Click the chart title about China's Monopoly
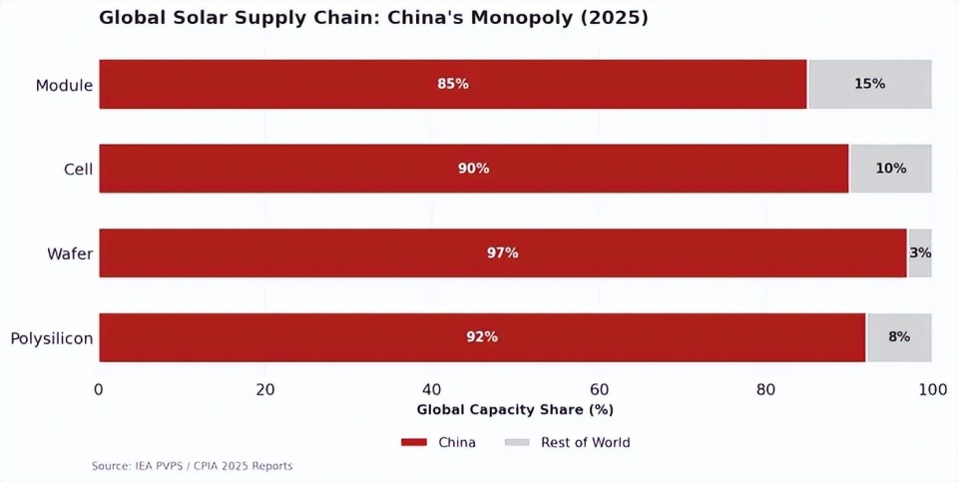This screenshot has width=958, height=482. coord(373,18)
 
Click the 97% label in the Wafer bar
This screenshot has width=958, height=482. coord(502,253)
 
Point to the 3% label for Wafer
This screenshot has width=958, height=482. coord(920,253)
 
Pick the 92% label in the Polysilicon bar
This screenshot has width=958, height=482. coord(482,337)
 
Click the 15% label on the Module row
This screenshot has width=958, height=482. coord(869,84)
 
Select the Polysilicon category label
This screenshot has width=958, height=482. coord(52,338)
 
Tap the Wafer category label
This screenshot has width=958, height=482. coord(70,254)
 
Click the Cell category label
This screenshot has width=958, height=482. coord(78,170)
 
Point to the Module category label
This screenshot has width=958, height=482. coord(64,85)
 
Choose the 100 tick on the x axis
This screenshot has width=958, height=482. coord(932,389)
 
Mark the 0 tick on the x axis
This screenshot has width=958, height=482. coord(99,389)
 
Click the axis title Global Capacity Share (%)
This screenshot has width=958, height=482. coord(515,409)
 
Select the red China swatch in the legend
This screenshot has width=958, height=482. coord(413,442)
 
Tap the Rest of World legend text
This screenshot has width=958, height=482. coord(585,442)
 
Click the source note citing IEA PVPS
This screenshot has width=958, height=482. coord(193,466)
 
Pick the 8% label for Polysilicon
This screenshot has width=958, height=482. coord(899,337)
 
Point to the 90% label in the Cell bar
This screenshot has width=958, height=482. coord(474,169)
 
